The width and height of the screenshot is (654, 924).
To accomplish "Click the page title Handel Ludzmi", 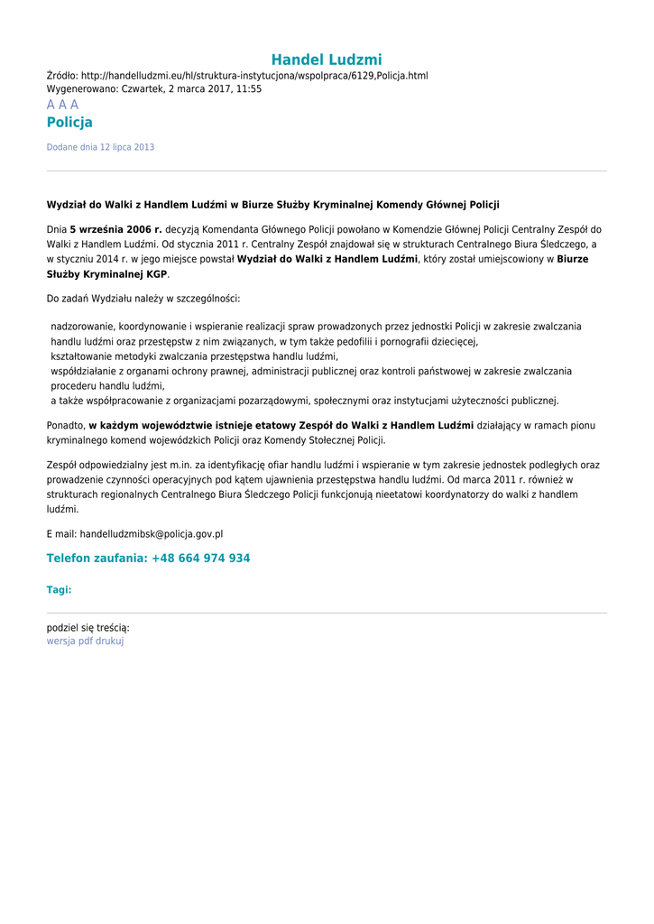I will (327, 60).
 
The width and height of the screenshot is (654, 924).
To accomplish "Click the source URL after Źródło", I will (254, 76).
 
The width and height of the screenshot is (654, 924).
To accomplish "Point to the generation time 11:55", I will (250, 89).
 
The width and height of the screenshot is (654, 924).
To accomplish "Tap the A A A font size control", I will (62, 105).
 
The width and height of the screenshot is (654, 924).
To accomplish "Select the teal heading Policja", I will (69, 123).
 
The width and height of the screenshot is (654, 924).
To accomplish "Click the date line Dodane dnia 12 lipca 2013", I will (100, 147).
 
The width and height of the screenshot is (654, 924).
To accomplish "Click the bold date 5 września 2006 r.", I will (115, 229).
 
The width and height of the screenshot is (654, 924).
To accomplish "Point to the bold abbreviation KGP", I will (157, 274).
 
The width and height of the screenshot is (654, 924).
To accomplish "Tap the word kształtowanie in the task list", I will (82, 356).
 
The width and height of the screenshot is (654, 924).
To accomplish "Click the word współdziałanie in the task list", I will (84, 371).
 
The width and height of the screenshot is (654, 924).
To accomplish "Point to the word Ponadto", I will (65, 425).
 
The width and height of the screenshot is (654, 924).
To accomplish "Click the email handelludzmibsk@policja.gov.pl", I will (151, 534).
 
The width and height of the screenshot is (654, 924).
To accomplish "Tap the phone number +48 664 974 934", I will (200, 559).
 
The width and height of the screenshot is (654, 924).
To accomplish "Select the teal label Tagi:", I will (59, 590).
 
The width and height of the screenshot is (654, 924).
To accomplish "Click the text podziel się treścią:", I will (88, 628).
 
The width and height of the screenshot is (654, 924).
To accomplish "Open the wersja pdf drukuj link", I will (85, 641).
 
